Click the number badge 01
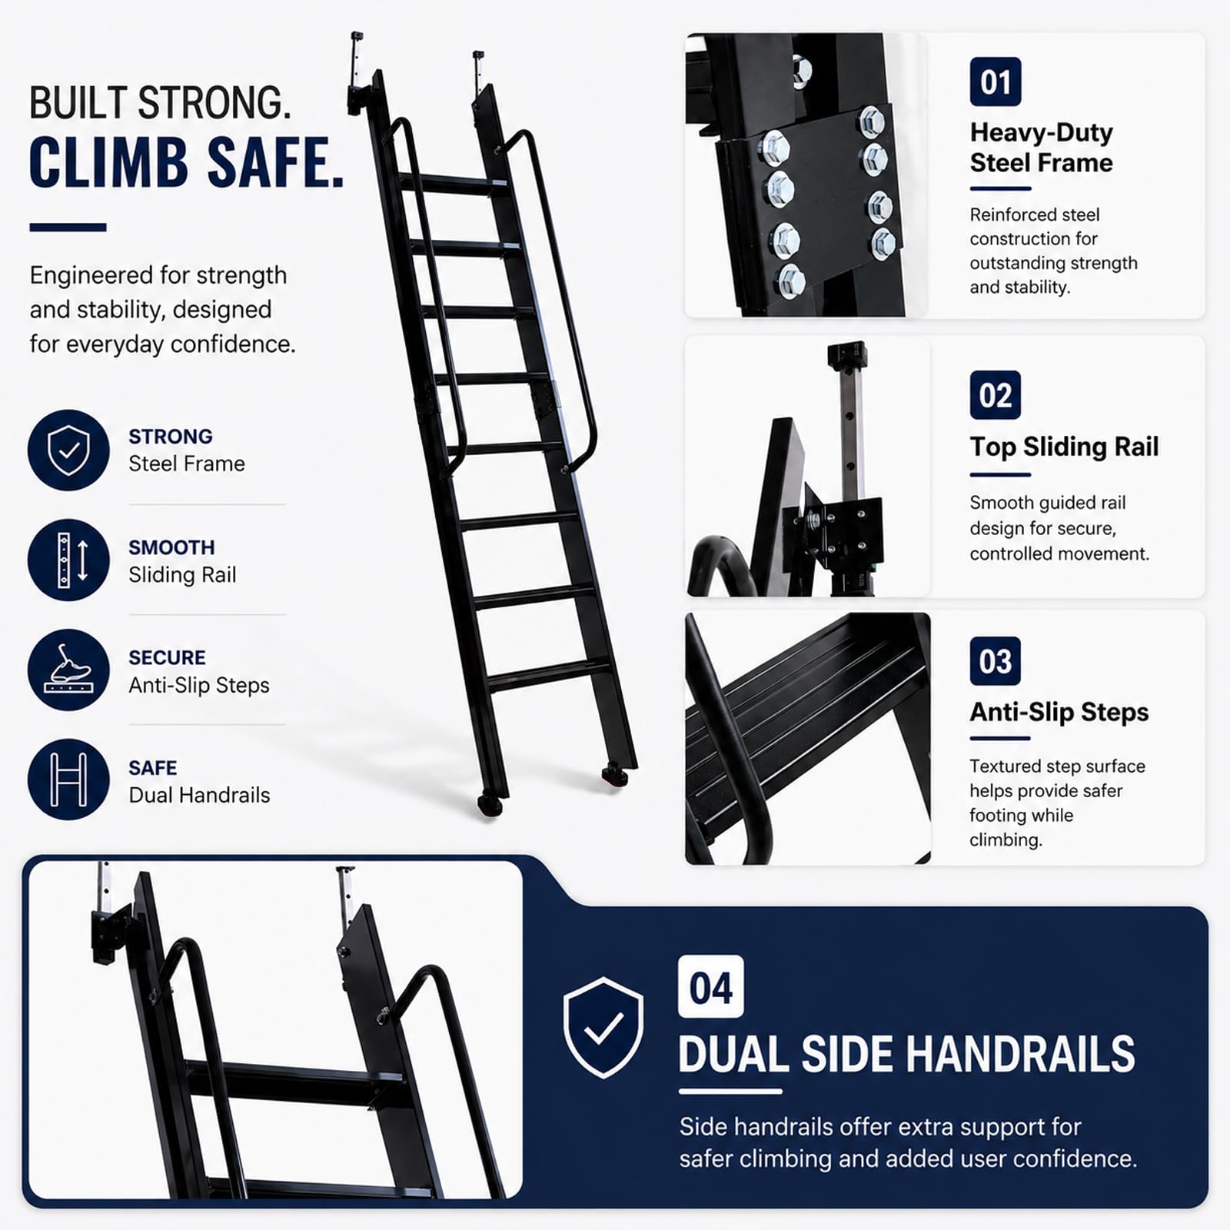(x=996, y=81)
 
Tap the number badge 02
(x=996, y=395)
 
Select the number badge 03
(x=996, y=661)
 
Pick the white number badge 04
(x=711, y=987)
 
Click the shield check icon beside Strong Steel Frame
(x=68, y=450)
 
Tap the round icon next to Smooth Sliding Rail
(x=68, y=560)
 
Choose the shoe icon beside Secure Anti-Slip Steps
(x=68, y=670)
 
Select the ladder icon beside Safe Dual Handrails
(x=68, y=780)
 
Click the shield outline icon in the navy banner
(x=603, y=1028)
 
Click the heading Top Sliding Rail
(x=1064, y=447)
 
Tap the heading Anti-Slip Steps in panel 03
(x=1059, y=712)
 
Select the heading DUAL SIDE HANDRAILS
(x=907, y=1053)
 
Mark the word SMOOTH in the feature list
(x=171, y=547)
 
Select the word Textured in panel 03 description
(x=1005, y=766)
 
